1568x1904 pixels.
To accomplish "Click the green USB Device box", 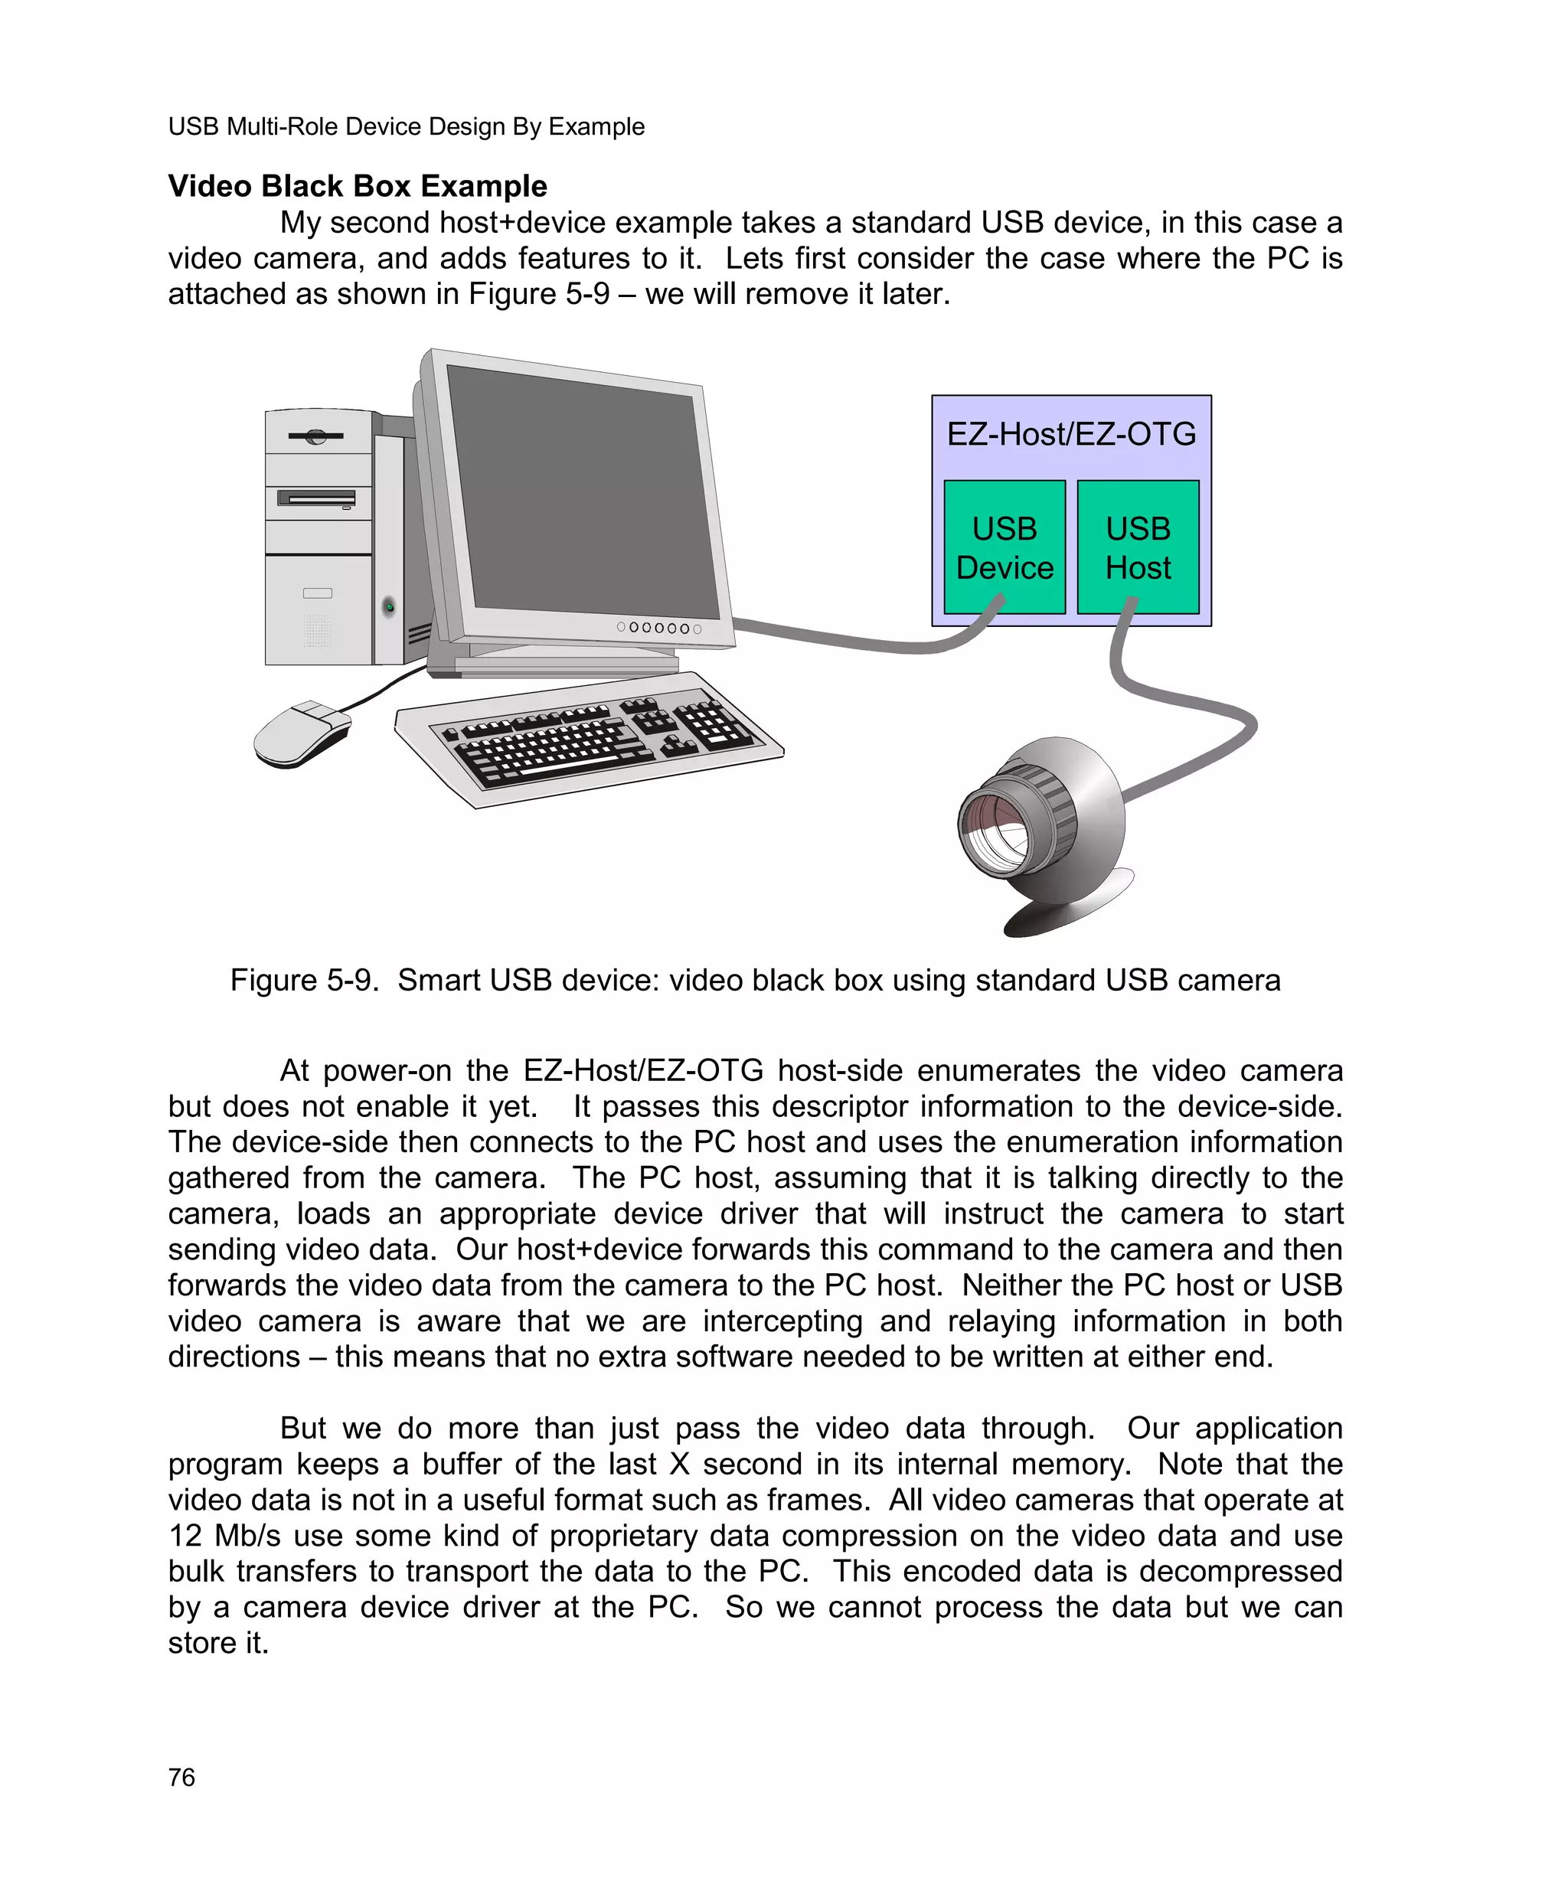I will click(x=1004, y=547).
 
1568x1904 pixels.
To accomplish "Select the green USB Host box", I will click(x=1137, y=547).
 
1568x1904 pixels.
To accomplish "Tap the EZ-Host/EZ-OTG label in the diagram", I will click(x=1070, y=434).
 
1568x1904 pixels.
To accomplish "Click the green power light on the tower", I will click(x=389, y=606).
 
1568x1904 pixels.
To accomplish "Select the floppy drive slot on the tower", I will click(x=316, y=498).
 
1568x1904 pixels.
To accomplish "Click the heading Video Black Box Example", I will click(x=358, y=186).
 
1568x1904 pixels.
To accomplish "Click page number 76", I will click(x=181, y=1778).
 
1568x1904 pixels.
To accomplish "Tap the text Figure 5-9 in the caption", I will click(x=303, y=980).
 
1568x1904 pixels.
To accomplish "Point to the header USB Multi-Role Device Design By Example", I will click(x=407, y=126).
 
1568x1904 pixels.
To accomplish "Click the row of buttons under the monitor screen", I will click(x=658, y=628).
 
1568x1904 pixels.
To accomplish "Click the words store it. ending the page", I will click(x=218, y=1643).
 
